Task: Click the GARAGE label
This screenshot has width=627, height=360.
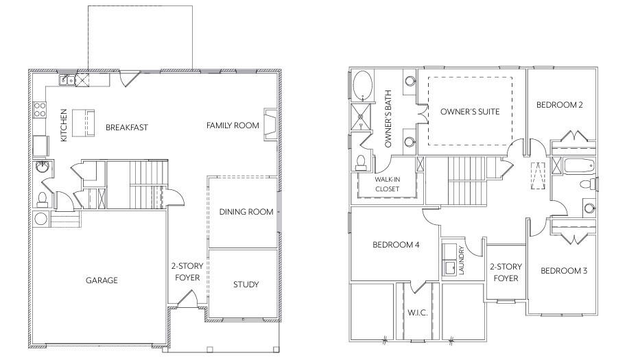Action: (x=102, y=280)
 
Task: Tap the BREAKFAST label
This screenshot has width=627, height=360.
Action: (x=127, y=128)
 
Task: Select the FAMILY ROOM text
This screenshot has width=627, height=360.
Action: (x=233, y=125)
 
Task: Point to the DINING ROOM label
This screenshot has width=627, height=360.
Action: (x=246, y=212)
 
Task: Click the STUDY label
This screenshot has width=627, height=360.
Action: (x=246, y=285)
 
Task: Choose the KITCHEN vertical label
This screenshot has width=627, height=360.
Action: (x=64, y=125)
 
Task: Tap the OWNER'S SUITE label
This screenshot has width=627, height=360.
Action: (x=470, y=111)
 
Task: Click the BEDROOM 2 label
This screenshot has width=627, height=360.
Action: (x=560, y=105)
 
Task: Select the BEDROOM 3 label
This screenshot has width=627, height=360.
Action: (x=564, y=271)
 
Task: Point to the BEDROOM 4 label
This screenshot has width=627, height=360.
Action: (x=396, y=245)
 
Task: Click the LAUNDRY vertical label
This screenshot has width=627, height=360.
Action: (x=462, y=261)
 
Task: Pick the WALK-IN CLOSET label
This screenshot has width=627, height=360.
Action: (x=388, y=183)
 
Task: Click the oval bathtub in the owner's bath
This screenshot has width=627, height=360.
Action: (x=363, y=87)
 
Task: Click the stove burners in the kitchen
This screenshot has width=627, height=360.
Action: (x=40, y=110)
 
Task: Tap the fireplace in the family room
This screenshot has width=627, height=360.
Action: (x=271, y=123)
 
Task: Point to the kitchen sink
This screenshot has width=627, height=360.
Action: (x=67, y=80)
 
